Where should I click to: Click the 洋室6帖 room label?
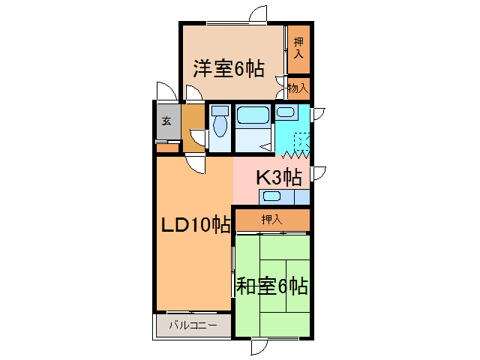pyautogui.click(x=229, y=69)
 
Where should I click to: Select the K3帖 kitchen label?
pyautogui.click(x=279, y=178)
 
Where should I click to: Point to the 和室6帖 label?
pyautogui.click(x=272, y=286)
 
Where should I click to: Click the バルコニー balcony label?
pyautogui.click(x=193, y=325)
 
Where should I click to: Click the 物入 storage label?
pyautogui.click(x=298, y=88)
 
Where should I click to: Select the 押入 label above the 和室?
pyautogui.click(x=271, y=220)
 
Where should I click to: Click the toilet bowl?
pyautogui.click(x=219, y=123)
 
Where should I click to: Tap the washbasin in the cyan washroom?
pyautogui.click(x=285, y=112)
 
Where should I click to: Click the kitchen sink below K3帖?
pyautogui.click(x=271, y=196)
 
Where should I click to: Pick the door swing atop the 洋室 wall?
pyautogui.click(x=259, y=15)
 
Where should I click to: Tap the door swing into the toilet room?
pyautogui.click(x=199, y=137)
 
